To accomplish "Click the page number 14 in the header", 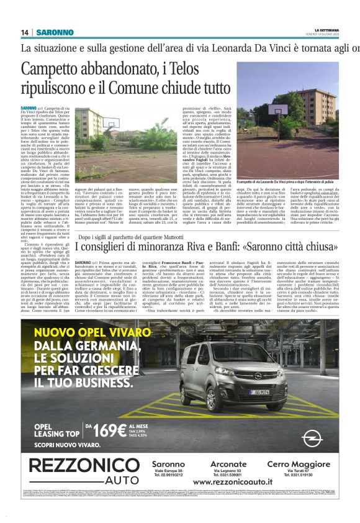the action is [25, 32].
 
